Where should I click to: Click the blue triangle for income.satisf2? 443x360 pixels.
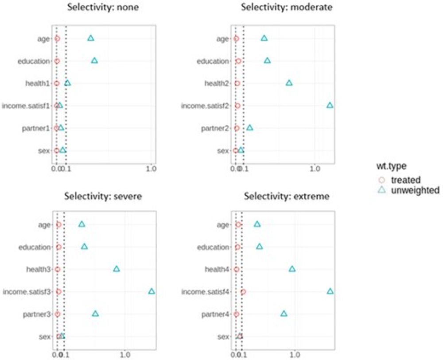(x=330, y=105)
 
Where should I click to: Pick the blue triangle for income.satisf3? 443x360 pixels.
(x=152, y=291)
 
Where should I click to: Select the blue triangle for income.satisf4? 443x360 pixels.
(x=330, y=291)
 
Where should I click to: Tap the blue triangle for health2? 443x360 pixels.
(x=289, y=83)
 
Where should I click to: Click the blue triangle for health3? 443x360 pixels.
(x=116, y=269)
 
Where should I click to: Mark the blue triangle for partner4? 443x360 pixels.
(x=284, y=314)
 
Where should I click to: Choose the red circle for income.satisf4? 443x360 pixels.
(x=243, y=292)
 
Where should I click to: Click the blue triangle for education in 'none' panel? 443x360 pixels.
(x=94, y=61)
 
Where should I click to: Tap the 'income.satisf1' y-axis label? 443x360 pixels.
(x=27, y=106)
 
